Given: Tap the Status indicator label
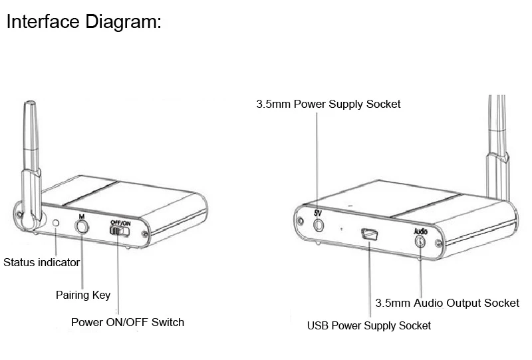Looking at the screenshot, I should pyautogui.click(x=41, y=262).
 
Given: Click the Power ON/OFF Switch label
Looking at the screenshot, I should pyautogui.click(x=128, y=322).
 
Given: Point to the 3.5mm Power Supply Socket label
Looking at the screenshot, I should pyautogui.click(x=329, y=104).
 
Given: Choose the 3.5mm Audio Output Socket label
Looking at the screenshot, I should pyautogui.click(x=447, y=303).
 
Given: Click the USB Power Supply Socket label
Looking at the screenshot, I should pyautogui.click(x=368, y=325).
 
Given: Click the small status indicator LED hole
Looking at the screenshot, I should pyautogui.click(x=57, y=224).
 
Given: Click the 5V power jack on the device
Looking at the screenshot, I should pyautogui.click(x=318, y=224).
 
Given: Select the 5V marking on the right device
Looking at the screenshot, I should pyautogui.click(x=318, y=212).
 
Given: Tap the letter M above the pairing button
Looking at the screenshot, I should pyautogui.click(x=81, y=216).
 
